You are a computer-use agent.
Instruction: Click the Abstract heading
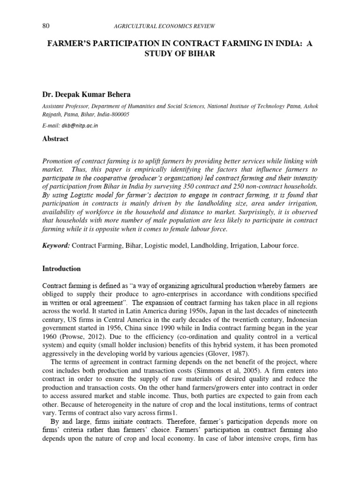coord(55,139)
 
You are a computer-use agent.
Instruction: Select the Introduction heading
coord(61,269)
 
